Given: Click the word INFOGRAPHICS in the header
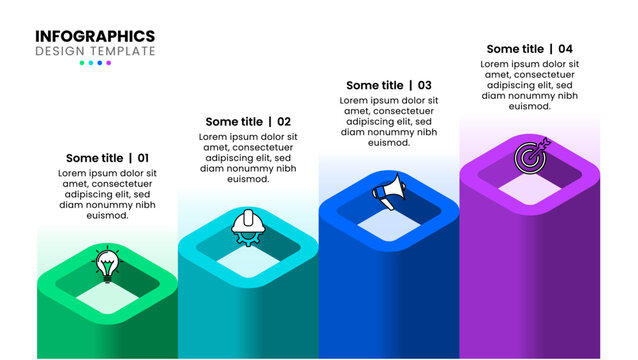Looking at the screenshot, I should [x=95, y=36].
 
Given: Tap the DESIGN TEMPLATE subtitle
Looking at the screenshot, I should [x=95, y=51].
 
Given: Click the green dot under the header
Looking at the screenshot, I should [x=83, y=63].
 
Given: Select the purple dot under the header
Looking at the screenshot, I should [x=109, y=63].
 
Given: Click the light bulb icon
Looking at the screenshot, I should [x=106, y=263].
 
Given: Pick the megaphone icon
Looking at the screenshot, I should [x=389, y=189].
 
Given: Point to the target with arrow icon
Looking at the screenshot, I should [x=531, y=155].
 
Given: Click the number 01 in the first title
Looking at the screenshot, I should [x=143, y=158].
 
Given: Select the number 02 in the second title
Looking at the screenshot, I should [x=284, y=122].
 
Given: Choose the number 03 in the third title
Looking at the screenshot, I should [x=425, y=86].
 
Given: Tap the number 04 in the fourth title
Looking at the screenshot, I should [x=565, y=49].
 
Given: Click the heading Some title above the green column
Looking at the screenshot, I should [x=94, y=158].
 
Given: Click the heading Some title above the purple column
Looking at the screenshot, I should [x=515, y=49].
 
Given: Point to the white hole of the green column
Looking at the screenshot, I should [x=106, y=295].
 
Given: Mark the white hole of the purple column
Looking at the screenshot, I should [x=528, y=186].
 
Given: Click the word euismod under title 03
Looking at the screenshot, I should [x=389, y=143].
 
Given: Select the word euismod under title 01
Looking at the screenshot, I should [x=108, y=215].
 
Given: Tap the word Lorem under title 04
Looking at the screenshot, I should [x=500, y=64].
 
